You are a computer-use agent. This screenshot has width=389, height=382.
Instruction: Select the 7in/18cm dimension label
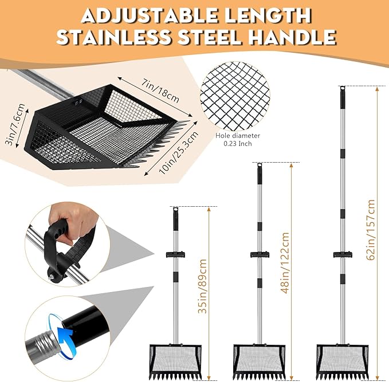tap(160, 90)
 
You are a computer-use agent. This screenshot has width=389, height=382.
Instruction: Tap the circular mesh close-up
tap(235, 96)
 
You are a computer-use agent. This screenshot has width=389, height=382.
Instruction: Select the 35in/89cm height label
tap(203, 286)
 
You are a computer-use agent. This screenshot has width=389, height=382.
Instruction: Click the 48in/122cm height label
tap(285, 263)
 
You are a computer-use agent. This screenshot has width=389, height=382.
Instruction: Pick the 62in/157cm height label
tap(371, 230)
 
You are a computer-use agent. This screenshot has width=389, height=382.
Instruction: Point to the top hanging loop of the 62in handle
tap(343, 88)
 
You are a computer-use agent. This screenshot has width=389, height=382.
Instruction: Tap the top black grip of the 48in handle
tap(260, 174)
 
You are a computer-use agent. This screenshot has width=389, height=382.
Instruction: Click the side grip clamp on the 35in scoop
tap(176, 254)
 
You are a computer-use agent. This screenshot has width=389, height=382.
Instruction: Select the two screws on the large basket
tap(78, 101)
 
